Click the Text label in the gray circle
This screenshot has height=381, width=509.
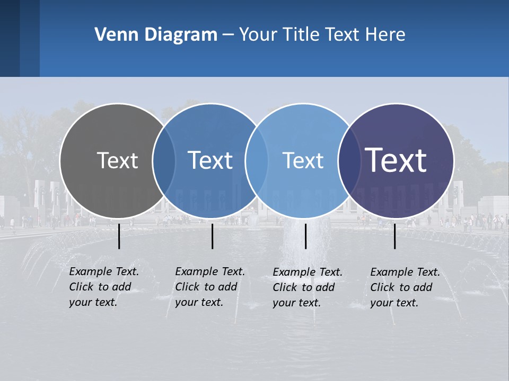[117, 160]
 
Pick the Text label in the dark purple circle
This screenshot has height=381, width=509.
[396, 160]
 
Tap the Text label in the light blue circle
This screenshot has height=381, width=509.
[303, 160]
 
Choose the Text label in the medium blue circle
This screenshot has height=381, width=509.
[210, 160]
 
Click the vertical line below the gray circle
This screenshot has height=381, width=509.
[119, 236]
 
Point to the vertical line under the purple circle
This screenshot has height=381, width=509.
[395, 236]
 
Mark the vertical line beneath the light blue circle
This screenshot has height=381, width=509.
[306, 236]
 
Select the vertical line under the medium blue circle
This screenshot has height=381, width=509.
[212, 236]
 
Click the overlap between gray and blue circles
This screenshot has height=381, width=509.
[164, 160]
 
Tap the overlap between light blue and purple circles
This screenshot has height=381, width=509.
[349, 160]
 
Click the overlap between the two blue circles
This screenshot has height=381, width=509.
[256, 160]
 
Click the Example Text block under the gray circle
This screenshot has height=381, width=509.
[103, 287]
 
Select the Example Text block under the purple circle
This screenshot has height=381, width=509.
[405, 287]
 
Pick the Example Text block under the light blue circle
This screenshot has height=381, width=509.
[307, 287]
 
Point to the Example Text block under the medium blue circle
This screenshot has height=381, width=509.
[209, 287]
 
